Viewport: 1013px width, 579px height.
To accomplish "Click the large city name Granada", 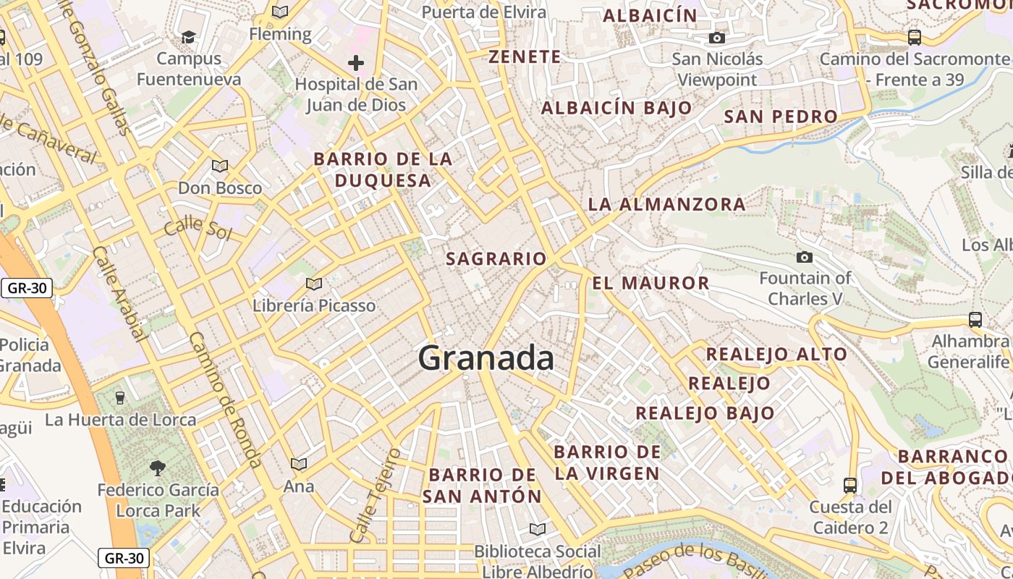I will coord(486,358).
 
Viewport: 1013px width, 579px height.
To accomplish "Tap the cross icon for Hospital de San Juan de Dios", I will coord(355,63).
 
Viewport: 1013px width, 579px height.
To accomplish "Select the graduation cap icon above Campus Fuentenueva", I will coord(189,36).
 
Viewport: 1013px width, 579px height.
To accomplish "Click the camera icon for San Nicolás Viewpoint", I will coord(717,38).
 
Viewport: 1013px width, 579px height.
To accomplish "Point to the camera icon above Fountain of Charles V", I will coord(804,257).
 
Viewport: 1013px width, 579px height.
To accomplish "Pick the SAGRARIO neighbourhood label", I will coord(496,258).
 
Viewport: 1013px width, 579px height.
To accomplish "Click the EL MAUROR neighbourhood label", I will coord(650,283).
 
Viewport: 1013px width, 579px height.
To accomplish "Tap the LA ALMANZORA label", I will coord(666,204).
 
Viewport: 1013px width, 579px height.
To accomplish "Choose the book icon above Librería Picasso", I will coord(313,284).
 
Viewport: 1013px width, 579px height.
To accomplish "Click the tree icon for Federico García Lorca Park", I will coord(158,468).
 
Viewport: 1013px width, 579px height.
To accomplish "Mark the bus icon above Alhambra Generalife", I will coord(975,319).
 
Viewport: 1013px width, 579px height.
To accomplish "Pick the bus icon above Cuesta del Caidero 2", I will coord(850,485).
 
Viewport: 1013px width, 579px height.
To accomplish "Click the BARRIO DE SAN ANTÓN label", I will coord(482,486).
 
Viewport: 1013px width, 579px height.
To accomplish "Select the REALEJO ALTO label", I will coord(776,354).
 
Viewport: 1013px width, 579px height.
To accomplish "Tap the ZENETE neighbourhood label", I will coord(525,57).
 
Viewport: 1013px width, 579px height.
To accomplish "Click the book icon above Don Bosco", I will coord(220,166).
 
